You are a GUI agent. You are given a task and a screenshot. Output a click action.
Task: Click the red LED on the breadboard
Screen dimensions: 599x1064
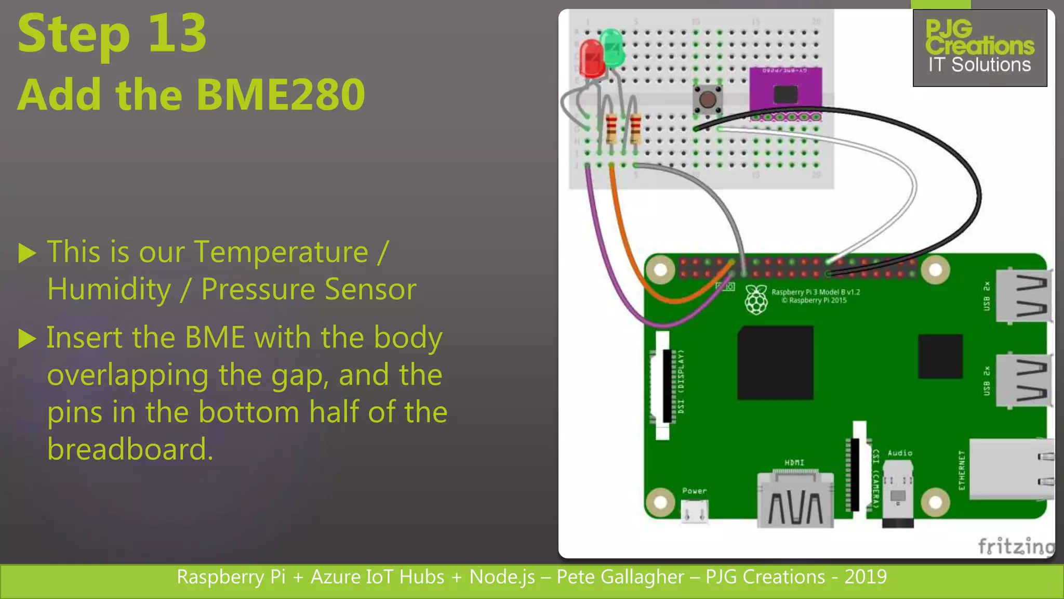click(592, 58)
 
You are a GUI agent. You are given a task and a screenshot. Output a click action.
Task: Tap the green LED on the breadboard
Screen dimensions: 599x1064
click(613, 48)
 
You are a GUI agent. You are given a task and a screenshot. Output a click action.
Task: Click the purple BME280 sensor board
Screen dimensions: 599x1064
click(785, 93)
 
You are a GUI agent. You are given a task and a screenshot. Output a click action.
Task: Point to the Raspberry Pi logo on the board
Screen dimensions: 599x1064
click(756, 299)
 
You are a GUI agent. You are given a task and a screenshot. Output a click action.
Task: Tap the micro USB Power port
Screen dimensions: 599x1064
click(695, 512)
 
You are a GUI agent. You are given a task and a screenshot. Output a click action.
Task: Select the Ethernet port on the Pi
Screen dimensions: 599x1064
click(1011, 469)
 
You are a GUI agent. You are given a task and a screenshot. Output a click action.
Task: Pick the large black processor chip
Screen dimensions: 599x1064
click(775, 362)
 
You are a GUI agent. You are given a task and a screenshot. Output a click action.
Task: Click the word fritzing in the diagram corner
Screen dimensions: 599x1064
click(1016, 546)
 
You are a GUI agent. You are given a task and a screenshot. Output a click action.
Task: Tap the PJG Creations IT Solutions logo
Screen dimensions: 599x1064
click(980, 48)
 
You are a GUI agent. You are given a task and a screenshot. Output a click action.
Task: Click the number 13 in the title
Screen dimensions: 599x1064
click(177, 34)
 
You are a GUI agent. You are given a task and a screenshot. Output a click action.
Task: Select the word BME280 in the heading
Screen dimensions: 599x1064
click(281, 95)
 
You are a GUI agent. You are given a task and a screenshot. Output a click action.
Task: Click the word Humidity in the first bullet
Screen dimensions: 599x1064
click(109, 289)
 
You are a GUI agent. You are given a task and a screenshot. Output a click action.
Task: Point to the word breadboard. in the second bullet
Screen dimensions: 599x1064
click(130, 449)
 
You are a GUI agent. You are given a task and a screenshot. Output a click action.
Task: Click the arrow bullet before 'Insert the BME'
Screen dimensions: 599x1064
click(28, 338)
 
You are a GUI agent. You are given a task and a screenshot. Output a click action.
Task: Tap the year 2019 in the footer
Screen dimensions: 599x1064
click(866, 577)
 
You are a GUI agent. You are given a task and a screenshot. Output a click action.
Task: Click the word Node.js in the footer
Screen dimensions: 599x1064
click(502, 577)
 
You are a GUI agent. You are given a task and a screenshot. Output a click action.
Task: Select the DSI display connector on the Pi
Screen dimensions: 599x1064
click(663, 385)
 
